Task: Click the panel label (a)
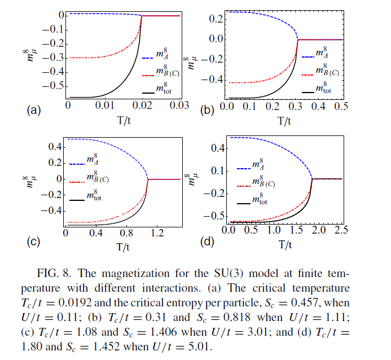(34, 111)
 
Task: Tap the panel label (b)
(208, 111)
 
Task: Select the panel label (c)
(34, 242)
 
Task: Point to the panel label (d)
(208, 242)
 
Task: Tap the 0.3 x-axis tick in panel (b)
(297, 106)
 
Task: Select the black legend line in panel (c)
(78, 200)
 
